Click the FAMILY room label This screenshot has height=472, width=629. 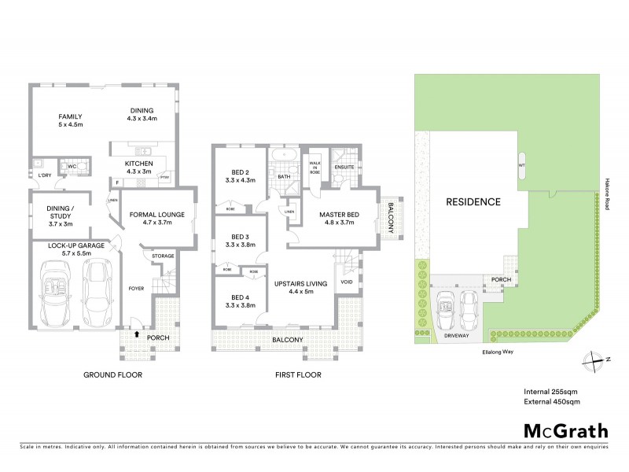click(x=70, y=120)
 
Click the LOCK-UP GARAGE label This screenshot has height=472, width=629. click(x=72, y=250)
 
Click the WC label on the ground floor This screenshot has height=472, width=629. click(x=72, y=167)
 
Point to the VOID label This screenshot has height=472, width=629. click(x=347, y=282)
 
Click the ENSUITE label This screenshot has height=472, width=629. click(x=344, y=168)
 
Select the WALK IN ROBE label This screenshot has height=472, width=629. click(x=315, y=166)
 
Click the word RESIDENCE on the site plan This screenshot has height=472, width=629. click(x=473, y=201)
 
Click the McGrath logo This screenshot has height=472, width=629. click(x=565, y=430)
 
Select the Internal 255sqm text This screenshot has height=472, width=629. click(x=551, y=391)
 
